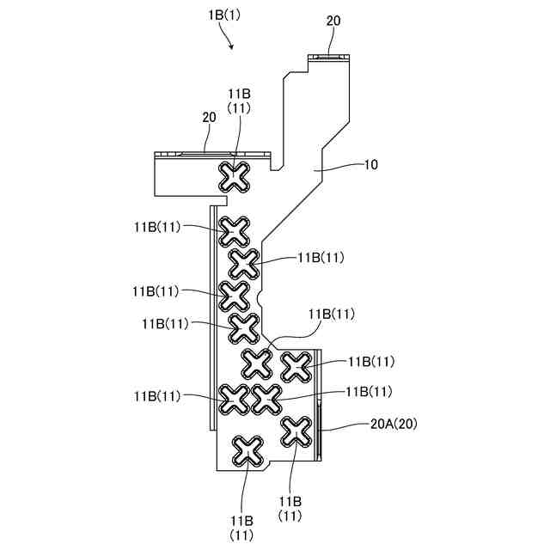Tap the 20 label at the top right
click(333, 21)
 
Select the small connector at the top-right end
click(330, 57)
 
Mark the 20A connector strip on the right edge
click(321, 426)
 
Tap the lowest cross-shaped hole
click(247, 450)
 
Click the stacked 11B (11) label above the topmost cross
click(239, 101)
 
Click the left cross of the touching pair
click(234, 398)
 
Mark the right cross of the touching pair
click(267, 398)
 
